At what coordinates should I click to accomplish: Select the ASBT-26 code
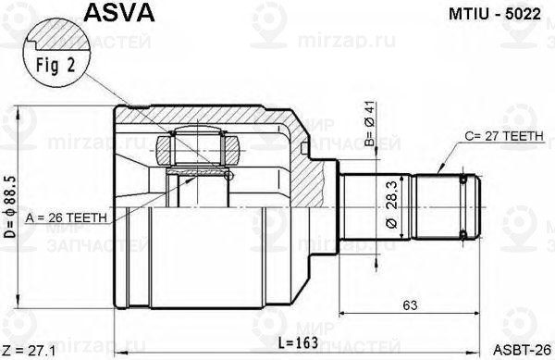tap(524, 349)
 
